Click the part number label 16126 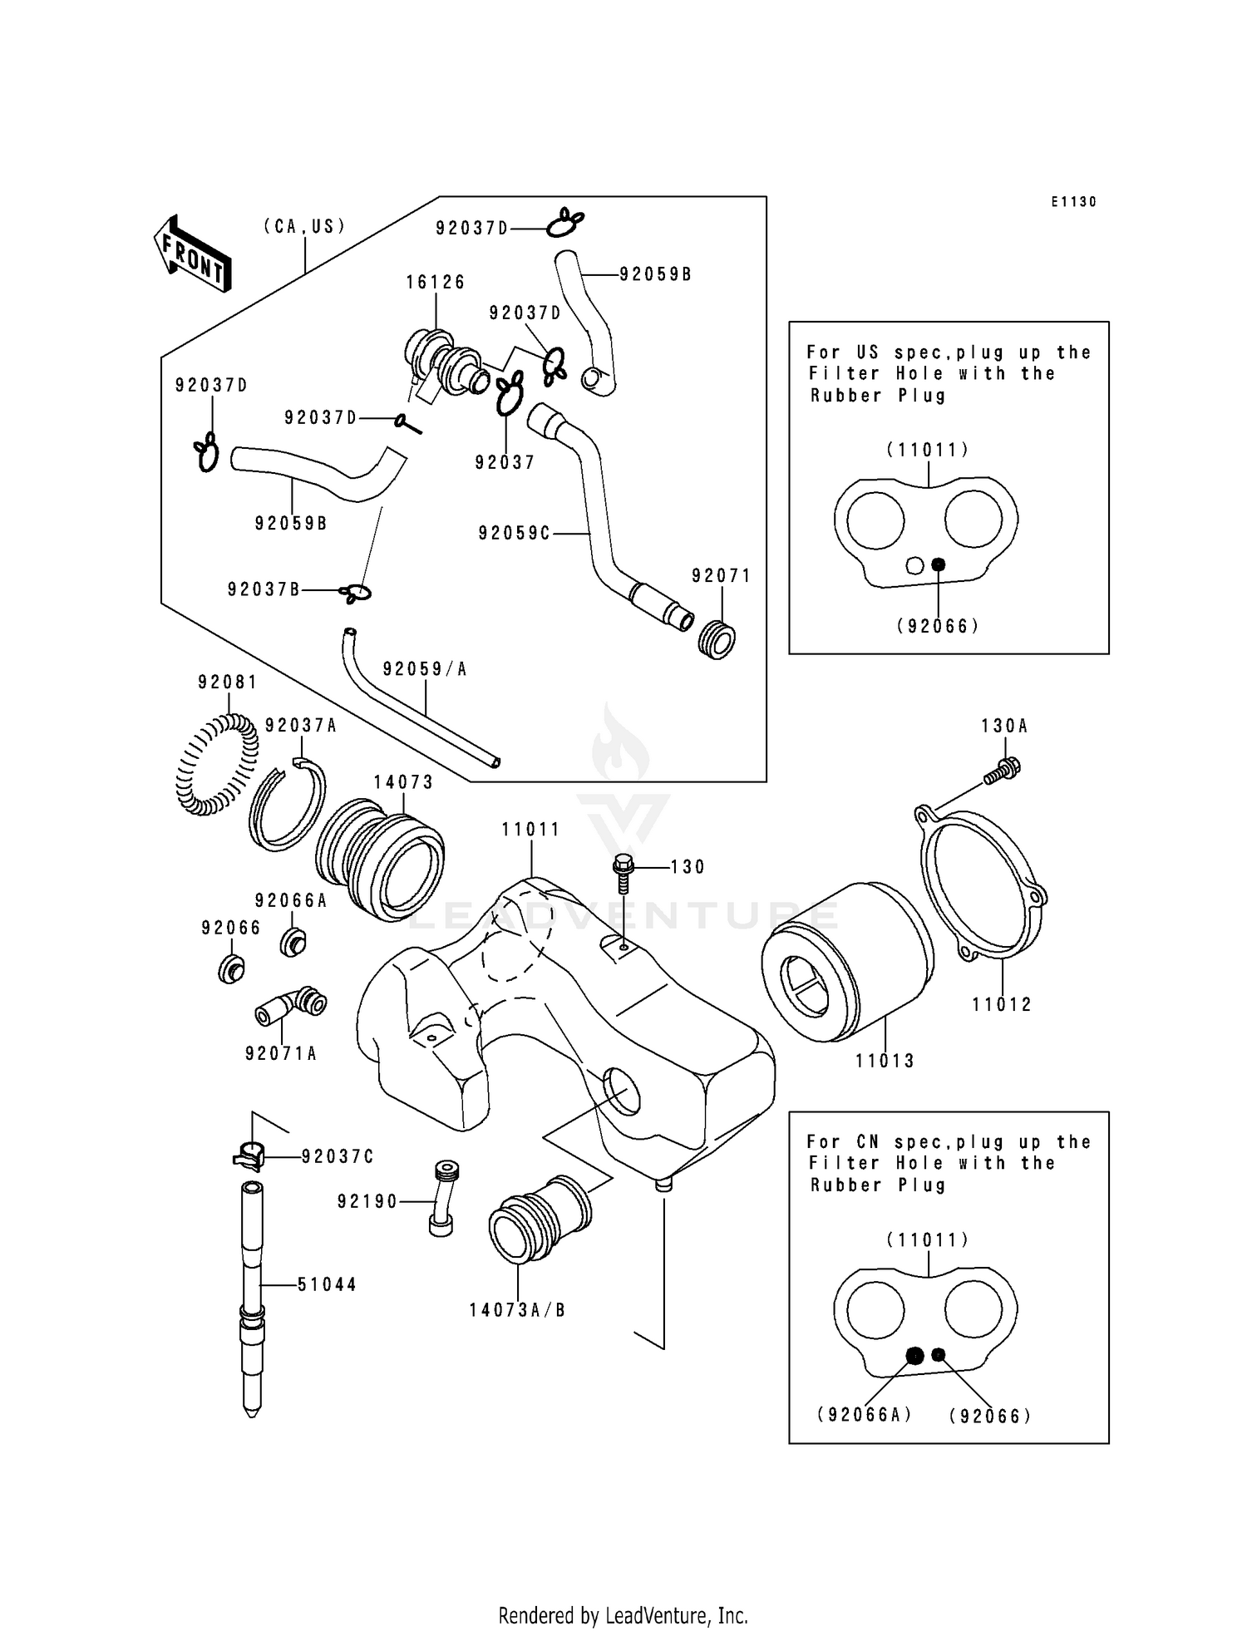tap(435, 283)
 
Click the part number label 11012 tap(1002, 1005)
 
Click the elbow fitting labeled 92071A tap(291, 1007)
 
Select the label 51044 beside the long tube tap(327, 1284)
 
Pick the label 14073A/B tap(517, 1311)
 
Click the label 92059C tap(514, 534)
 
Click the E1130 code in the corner tap(1073, 202)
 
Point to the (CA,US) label tap(304, 226)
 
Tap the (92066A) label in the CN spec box tap(865, 1415)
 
